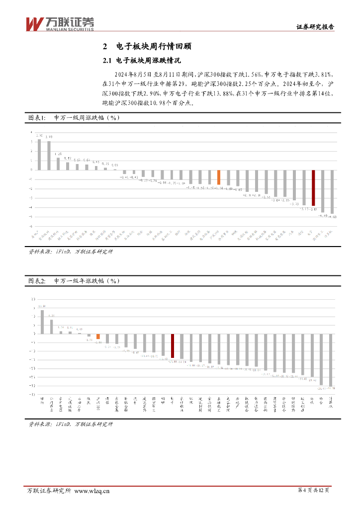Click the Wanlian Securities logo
tap(59, 23)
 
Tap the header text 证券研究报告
tap(315, 27)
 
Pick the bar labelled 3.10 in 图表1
tap(49, 155)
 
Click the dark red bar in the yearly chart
tap(173, 345)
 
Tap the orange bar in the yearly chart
tap(98, 336)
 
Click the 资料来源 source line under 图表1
tap(71, 252)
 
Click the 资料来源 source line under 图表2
tap(71, 424)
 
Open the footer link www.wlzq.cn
tap(92, 491)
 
